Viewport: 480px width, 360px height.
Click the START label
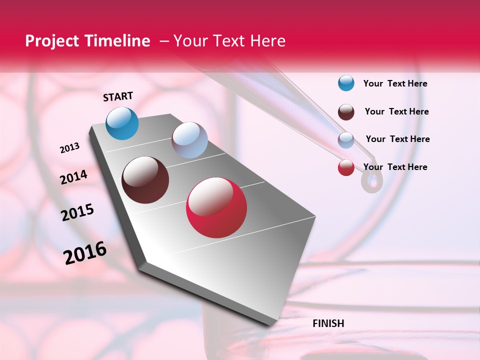pos(118,96)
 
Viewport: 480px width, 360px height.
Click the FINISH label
pos(328,323)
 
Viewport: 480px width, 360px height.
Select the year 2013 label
pos(69,148)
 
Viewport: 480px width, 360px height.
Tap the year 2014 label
pos(73,177)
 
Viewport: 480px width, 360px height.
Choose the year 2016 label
pos(85,253)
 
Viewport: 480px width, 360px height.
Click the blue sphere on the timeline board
pos(122,123)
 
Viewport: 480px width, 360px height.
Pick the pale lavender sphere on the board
pos(189,140)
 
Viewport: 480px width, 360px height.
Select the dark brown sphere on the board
pos(145,180)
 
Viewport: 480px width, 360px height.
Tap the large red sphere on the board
pos(216,207)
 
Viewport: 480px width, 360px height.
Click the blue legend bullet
pos(346,83)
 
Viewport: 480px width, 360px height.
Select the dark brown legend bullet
pos(346,112)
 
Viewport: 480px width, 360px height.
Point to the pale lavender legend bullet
pos(346,140)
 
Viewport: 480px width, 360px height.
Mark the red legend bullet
pos(346,167)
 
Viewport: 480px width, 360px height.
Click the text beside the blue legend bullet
pos(395,84)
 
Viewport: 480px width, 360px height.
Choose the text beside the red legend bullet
pos(395,167)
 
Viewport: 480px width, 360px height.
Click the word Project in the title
pos(52,41)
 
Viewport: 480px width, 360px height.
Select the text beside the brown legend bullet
pos(396,111)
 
